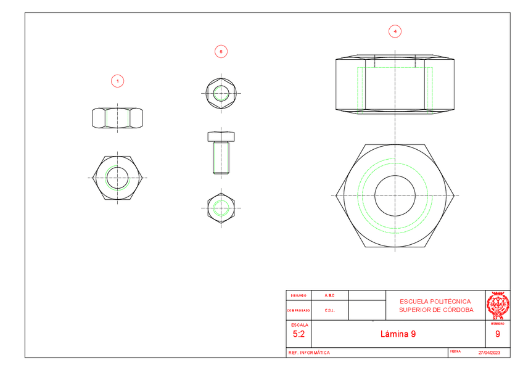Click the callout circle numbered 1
pyautogui.click(x=117, y=81)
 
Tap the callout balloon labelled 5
pyautogui.click(x=221, y=52)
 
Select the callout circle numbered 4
pyautogui.click(x=394, y=31)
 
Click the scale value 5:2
pyautogui.click(x=299, y=334)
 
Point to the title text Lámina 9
pyautogui.click(x=398, y=334)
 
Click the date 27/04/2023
pyautogui.click(x=488, y=353)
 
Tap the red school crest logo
pyautogui.click(x=497, y=304)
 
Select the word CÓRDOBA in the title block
pyautogui.click(x=457, y=310)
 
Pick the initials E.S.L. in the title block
pyautogui.click(x=329, y=310)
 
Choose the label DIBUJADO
pyautogui.click(x=299, y=295)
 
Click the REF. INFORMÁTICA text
pyautogui.click(x=309, y=353)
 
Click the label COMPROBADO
pyautogui.click(x=299, y=310)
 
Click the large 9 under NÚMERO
pyautogui.click(x=497, y=334)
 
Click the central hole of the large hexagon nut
pyautogui.click(x=394, y=195)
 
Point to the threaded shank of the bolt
pyautogui.click(x=221, y=157)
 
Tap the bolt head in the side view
pyautogui.click(x=221, y=136)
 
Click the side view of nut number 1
pyautogui.click(x=117, y=118)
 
